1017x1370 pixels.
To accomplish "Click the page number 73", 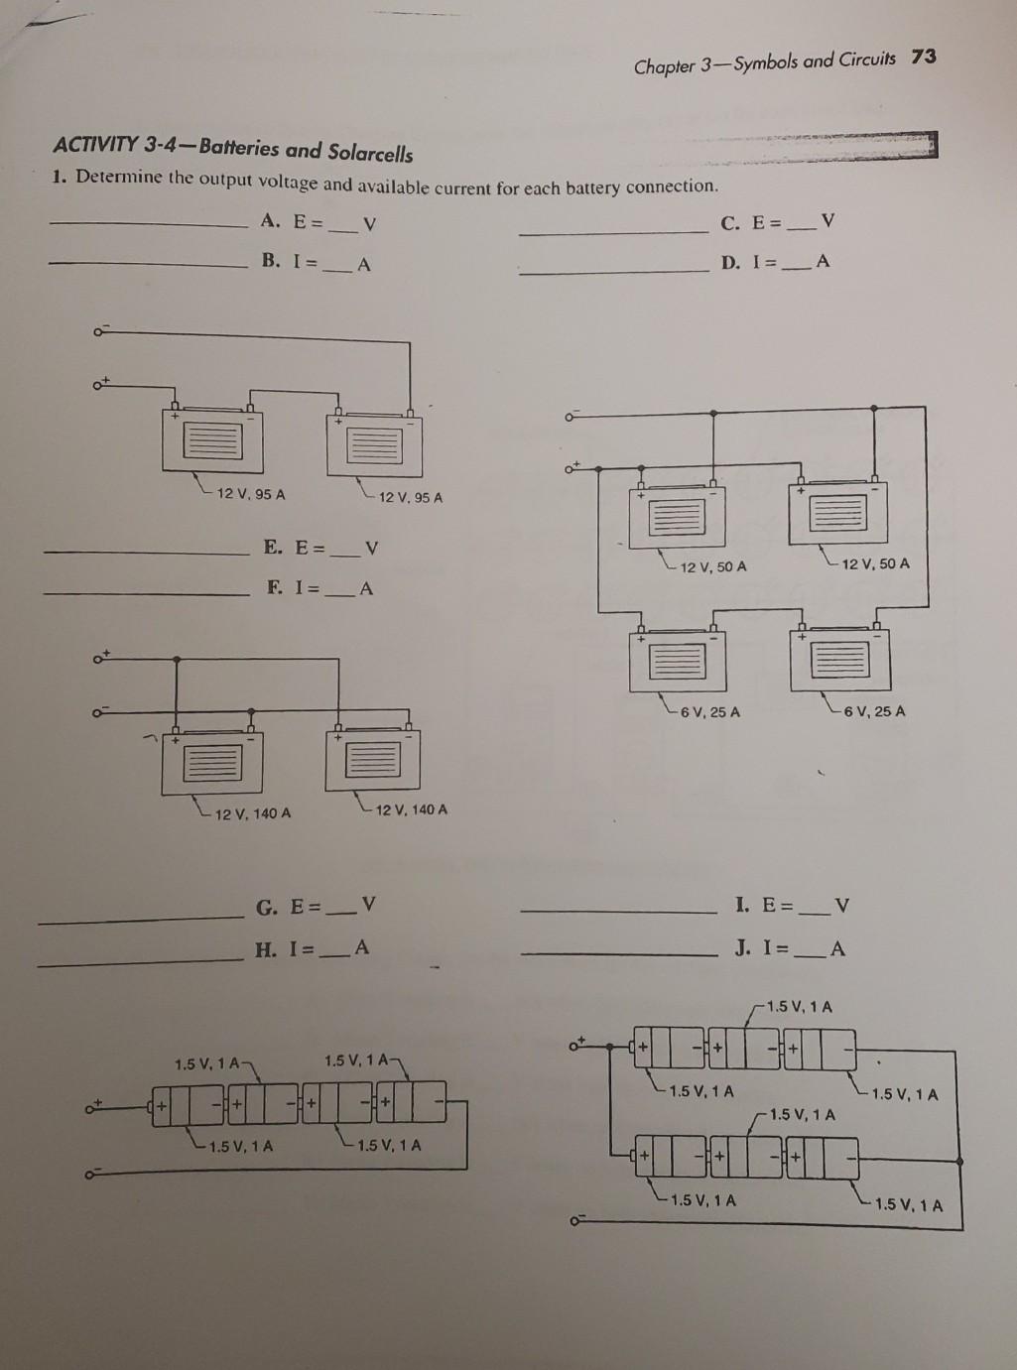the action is pos(923,57).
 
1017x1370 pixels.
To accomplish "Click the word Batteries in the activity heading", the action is pos(238,150).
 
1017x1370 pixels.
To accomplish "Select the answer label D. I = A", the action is pos(776,262).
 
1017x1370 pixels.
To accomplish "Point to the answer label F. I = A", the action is pos(319,587).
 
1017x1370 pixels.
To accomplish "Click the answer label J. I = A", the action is pos(790,947).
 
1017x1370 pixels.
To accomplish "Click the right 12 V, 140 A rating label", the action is pos(411,810).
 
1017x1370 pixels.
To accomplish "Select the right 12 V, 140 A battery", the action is pos(373,760).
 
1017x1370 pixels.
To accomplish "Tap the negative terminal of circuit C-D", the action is pos(571,417).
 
